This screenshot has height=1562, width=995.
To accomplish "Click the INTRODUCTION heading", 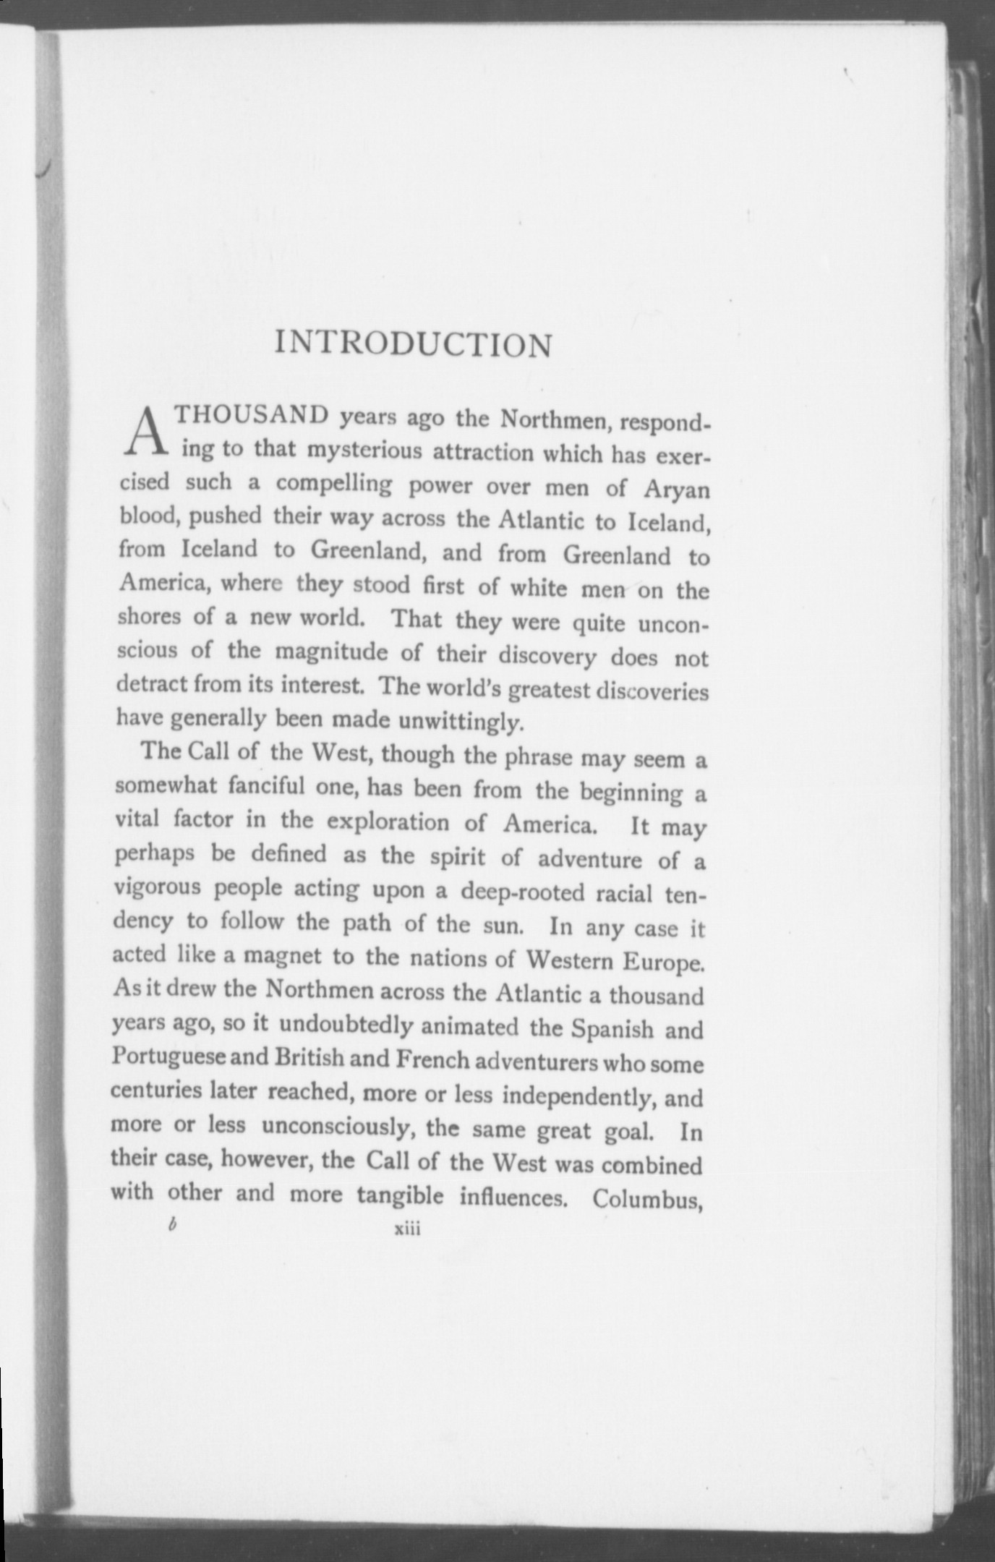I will [413, 345].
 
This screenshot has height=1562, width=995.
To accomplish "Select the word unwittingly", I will [456, 721].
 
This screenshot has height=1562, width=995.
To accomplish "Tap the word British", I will [310, 1058].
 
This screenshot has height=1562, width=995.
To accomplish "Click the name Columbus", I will [648, 1198].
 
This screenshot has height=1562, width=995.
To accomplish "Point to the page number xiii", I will [406, 1229].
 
